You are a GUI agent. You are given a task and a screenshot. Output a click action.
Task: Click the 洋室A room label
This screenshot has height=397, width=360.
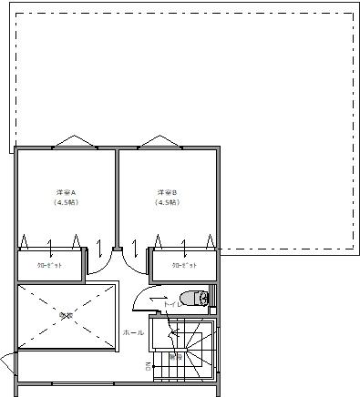[65, 193]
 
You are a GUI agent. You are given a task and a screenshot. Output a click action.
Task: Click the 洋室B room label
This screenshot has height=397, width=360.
[165, 193]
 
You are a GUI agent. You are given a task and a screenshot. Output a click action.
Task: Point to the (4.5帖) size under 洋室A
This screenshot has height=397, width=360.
[65, 203]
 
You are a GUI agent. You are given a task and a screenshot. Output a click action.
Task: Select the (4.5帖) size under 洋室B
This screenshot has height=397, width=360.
[165, 203]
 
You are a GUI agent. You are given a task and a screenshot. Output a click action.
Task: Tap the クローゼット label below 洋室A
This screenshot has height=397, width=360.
[49, 265]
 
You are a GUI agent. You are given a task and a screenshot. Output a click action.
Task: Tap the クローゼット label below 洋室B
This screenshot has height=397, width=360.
[183, 265]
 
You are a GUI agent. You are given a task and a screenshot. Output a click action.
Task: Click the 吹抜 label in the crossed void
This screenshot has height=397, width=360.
[65, 315]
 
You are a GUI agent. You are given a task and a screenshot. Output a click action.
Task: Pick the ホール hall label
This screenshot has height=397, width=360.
[133, 332]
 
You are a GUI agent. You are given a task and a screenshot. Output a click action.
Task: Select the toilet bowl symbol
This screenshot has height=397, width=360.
[190, 298]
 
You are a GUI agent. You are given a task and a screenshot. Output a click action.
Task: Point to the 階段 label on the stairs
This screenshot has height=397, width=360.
[176, 358]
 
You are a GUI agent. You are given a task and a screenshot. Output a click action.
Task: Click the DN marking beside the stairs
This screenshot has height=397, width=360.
[148, 367]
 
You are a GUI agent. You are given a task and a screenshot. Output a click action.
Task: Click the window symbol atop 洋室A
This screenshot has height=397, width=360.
[71, 142]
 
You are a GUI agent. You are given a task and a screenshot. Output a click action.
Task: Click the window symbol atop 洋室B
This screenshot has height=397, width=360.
[161, 142]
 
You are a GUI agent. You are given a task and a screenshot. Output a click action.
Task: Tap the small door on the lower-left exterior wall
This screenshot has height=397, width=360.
[6, 364]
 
